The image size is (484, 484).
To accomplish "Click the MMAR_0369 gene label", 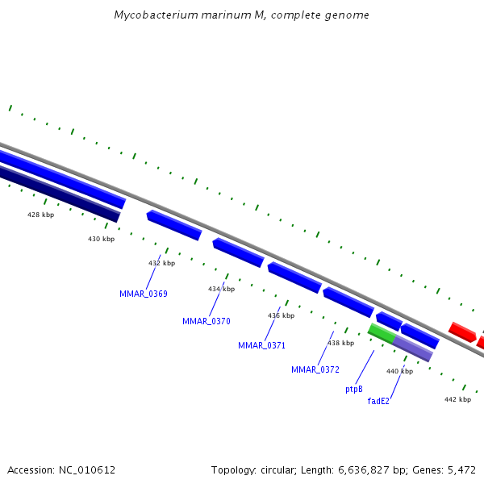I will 144,294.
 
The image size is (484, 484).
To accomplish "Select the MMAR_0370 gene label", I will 207,321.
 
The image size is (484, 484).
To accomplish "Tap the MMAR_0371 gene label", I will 262,345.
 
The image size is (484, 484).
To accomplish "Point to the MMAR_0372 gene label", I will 315,369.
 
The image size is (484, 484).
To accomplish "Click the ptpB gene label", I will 354,389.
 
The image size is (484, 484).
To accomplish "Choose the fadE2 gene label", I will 378,401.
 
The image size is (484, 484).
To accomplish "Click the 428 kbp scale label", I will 40,215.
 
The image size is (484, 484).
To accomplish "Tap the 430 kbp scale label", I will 102,239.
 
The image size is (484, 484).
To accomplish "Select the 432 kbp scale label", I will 161,263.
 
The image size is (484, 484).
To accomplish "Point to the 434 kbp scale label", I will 221,289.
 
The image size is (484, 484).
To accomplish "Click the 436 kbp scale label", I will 281,315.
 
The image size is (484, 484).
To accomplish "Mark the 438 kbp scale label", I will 340,343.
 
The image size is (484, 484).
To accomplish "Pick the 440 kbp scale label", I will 399,371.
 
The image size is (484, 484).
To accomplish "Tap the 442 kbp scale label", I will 457,399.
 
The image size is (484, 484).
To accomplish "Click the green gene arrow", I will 381,333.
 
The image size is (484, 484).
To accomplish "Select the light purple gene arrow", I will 413,348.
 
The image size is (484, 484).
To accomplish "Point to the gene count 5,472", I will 461,469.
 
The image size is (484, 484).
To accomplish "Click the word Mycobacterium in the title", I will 152,15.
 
